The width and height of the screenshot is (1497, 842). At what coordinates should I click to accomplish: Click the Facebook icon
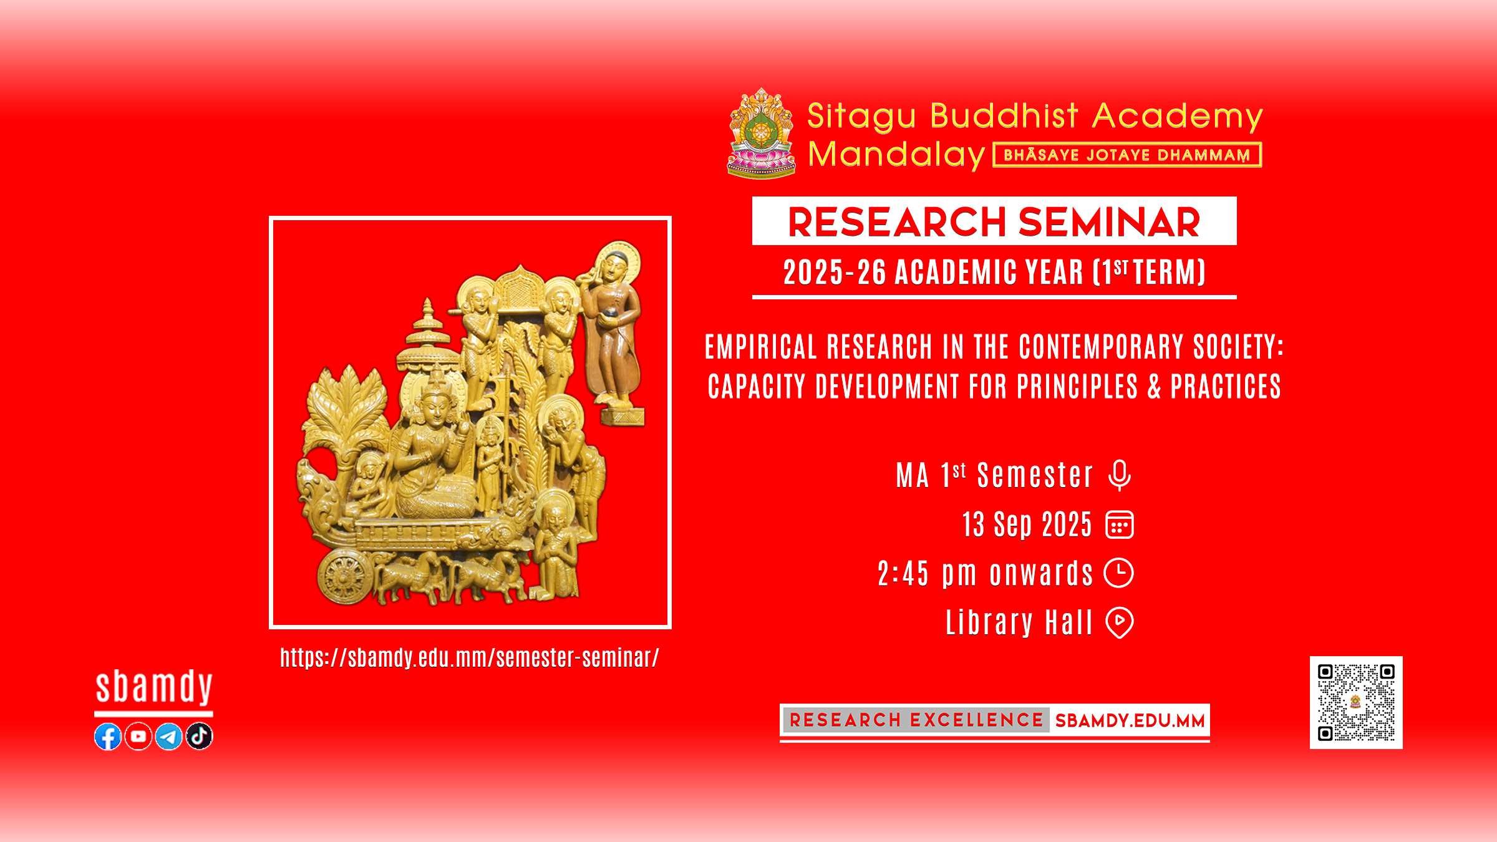108,737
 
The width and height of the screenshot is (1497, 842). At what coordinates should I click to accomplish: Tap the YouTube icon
138,737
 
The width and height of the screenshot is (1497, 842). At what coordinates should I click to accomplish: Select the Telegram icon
168,737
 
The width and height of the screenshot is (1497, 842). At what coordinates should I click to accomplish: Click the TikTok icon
199,737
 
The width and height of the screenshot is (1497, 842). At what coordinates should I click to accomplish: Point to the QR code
1356,702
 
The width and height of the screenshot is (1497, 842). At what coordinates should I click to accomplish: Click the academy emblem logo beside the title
761,133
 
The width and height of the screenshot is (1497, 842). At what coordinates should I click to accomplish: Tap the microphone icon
1120,476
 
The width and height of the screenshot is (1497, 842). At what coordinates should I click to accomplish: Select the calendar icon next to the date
1120,525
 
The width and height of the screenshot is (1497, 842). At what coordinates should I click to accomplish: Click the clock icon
1119,573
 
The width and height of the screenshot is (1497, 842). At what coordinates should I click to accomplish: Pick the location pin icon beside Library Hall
1120,622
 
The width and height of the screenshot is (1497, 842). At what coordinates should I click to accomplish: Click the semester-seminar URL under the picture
469,658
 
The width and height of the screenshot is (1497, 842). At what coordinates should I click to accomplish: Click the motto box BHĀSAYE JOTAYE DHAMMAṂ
1127,155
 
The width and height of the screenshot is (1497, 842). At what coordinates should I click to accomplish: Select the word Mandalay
896,155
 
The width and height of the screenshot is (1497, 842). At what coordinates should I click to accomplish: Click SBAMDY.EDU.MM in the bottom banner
1130,721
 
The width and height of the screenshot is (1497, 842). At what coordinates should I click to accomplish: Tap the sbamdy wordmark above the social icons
154,687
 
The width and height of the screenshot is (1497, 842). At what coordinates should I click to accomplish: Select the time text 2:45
903,574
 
